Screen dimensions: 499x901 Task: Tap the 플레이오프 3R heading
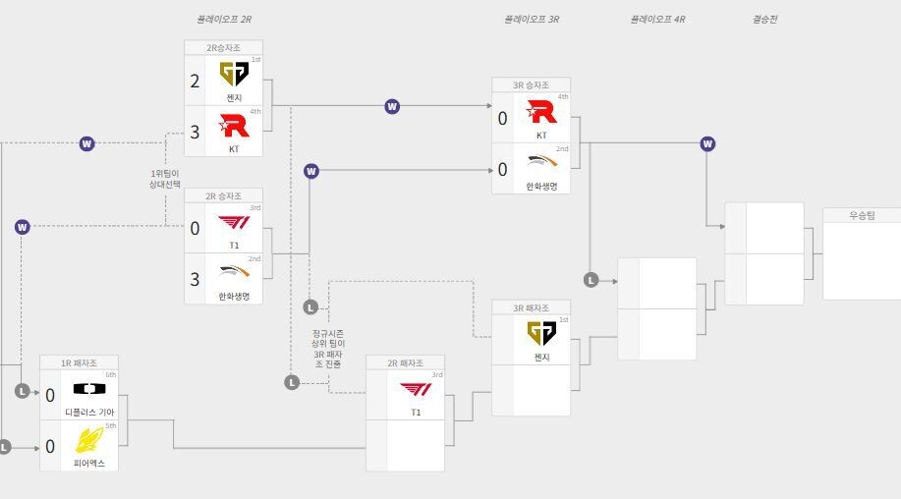click(532, 19)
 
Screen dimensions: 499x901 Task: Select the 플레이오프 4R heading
click(657, 19)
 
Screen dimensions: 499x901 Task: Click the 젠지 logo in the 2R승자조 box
click(234, 75)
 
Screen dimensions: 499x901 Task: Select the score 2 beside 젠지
click(195, 82)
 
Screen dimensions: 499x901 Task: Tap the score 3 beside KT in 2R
click(195, 132)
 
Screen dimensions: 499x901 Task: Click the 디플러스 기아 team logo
click(88, 389)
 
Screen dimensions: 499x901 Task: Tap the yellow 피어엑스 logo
click(88, 439)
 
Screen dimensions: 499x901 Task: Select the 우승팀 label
click(861, 215)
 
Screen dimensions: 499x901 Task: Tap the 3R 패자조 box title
click(531, 307)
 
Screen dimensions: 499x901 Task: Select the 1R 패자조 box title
click(79, 362)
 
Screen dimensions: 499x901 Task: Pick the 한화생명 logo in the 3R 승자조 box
click(541, 164)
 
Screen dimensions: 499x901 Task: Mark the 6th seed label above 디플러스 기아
click(110, 374)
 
